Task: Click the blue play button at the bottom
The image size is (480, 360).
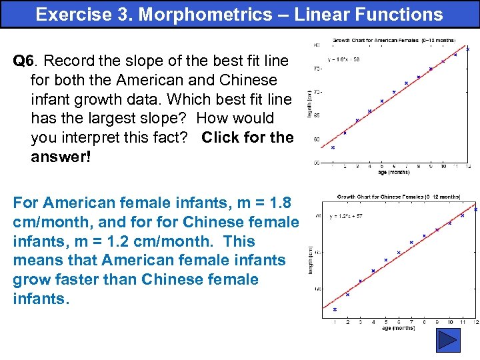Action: [x=448, y=340]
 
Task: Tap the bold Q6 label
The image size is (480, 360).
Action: [x=23, y=61]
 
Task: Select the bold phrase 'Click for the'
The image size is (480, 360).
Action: [x=247, y=138]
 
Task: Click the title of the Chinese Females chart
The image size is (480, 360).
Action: [x=399, y=197]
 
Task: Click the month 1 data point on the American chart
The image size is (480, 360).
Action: [x=333, y=147]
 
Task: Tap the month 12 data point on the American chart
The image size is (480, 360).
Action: [x=468, y=49]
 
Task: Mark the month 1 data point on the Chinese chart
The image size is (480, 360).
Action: [x=335, y=309]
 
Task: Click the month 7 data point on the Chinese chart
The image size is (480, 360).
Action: [x=411, y=243]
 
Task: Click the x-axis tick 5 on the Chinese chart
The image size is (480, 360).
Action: [x=385, y=322]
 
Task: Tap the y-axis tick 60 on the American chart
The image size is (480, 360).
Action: [x=315, y=139]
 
